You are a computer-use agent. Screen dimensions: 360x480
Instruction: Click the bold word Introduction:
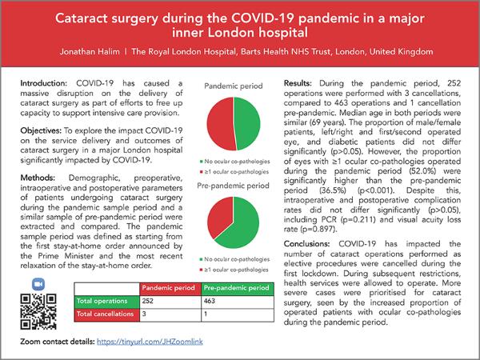[45, 83]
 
